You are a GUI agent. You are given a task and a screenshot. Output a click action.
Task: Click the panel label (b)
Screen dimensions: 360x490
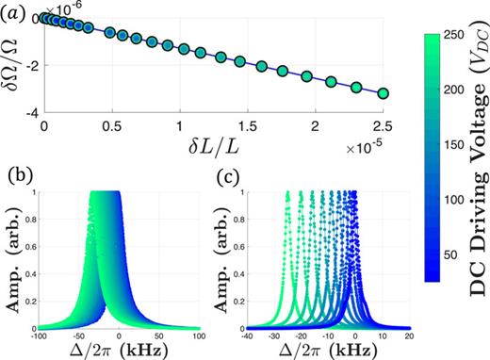[21, 176]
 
